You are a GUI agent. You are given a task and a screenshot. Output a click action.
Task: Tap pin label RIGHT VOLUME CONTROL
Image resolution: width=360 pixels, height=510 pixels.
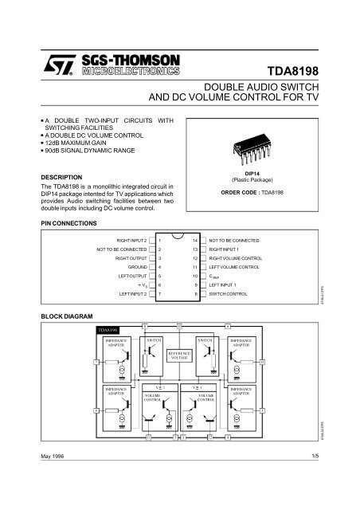(237, 257)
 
